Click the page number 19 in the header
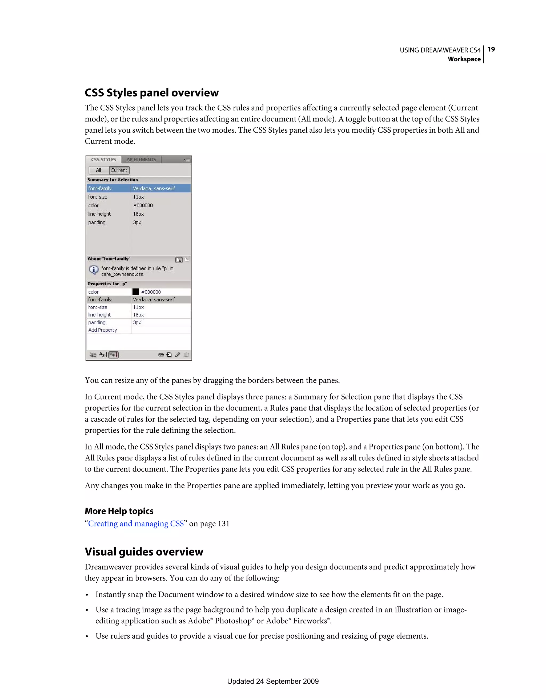click(491, 49)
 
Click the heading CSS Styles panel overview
click(152, 93)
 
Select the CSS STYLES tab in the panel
click(103, 160)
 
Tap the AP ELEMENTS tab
click(141, 160)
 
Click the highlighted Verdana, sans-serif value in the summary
click(154, 189)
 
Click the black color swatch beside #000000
click(136, 292)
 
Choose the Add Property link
click(103, 330)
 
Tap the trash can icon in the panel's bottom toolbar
click(186, 354)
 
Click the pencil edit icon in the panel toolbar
click(178, 354)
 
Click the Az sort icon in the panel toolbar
click(103, 354)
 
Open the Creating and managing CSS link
click(136, 523)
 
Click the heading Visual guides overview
click(144, 552)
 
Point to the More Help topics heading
click(119, 511)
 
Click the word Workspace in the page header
click(464, 59)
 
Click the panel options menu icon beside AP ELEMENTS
click(186, 160)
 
